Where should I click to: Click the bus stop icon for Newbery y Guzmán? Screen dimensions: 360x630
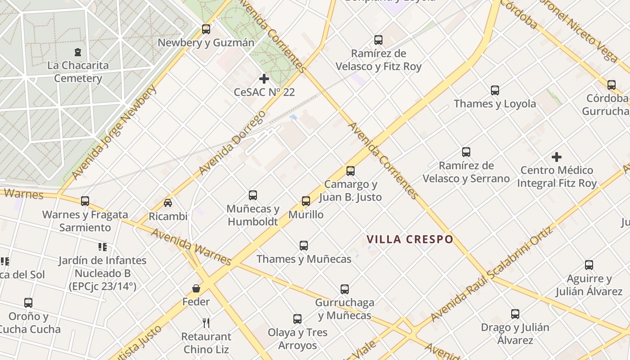pyautogui.click(x=206, y=29)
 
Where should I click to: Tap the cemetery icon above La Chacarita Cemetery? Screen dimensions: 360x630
pyautogui.click(x=78, y=52)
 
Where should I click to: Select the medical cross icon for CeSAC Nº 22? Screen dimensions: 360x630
pyautogui.click(x=264, y=79)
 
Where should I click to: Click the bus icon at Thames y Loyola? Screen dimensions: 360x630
pyautogui.click(x=495, y=90)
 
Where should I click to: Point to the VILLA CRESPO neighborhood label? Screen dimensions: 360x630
pyautogui.click(x=409, y=239)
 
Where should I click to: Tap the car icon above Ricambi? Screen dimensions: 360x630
pyautogui.click(x=168, y=203)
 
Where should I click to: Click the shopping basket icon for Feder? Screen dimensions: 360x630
pyautogui.click(x=196, y=288)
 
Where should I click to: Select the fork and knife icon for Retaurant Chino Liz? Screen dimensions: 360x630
pyautogui.click(x=206, y=323)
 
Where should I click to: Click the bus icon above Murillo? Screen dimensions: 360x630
pyautogui.click(x=306, y=201)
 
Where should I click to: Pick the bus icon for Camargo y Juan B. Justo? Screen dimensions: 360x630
pyautogui.click(x=351, y=171)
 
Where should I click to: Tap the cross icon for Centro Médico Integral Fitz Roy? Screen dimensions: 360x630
pyautogui.click(x=557, y=157)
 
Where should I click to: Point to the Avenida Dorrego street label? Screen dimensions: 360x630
pyautogui.click(x=232, y=143)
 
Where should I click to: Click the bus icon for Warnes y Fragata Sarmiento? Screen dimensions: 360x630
pyautogui.click(x=85, y=201)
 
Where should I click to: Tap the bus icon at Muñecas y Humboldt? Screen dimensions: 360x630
pyautogui.click(x=253, y=195)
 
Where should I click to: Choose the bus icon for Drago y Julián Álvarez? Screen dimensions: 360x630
pyautogui.click(x=515, y=314)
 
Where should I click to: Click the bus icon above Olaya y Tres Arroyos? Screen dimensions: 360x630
pyautogui.click(x=297, y=319)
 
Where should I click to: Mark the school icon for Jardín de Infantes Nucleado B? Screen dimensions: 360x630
pyautogui.click(x=103, y=247)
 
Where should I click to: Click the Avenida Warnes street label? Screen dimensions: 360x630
pyautogui.click(x=191, y=247)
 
